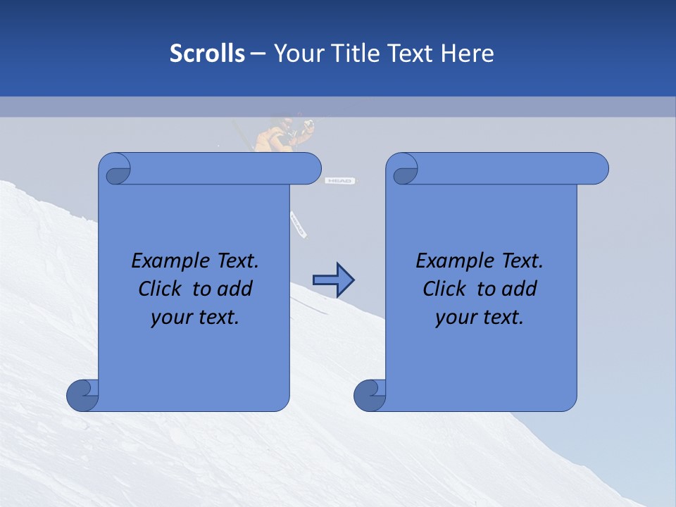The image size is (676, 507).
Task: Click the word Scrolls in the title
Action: tap(207, 54)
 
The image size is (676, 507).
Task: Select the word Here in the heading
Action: tap(467, 54)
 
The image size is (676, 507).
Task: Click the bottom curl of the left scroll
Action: tap(82, 395)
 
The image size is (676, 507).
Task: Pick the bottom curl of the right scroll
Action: tap(370, 395)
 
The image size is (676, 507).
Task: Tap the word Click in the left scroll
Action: tap(161, 289)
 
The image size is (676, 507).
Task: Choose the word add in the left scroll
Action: tap(234, 289)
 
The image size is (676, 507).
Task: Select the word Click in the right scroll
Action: tap(445, 289)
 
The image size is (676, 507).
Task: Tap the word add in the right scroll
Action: tap(519, 289)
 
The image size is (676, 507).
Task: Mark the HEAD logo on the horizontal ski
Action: tap(340, 181)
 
